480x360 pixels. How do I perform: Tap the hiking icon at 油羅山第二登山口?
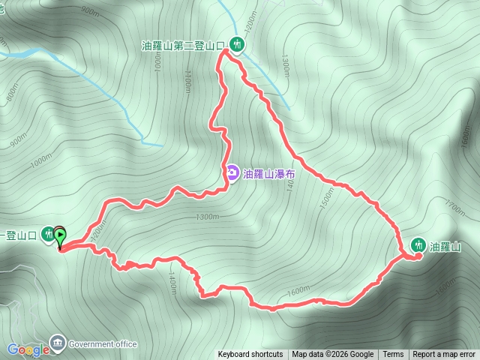pyautogui.click(x=237, y=45)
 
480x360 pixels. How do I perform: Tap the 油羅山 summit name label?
pyautogui.click(x=445, y=245)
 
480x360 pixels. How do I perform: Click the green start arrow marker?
pyautogui.click(x=60, y=235)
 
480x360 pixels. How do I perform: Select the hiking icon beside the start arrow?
pyautogui.click(x=48, y=235)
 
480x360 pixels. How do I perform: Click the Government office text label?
pyautogui.click(x=103, y=344)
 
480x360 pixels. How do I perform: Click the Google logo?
pyautogui.click(x=28, y=349)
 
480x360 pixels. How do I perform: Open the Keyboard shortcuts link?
pyautogui.click(x=250, y=355)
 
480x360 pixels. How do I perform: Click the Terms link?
pyautogui.click(x=393, y=355)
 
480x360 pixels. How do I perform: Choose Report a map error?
pyautogui.click(x=444, y=355)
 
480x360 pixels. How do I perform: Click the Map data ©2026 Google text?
pyautogui.click(x=332, y=355)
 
